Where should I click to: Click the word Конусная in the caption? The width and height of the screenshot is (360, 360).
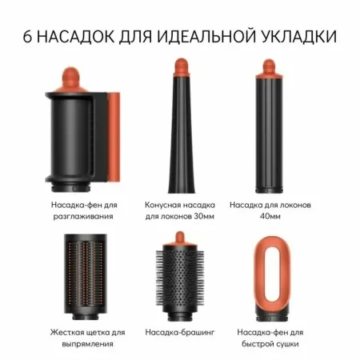(x=162, y=205)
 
